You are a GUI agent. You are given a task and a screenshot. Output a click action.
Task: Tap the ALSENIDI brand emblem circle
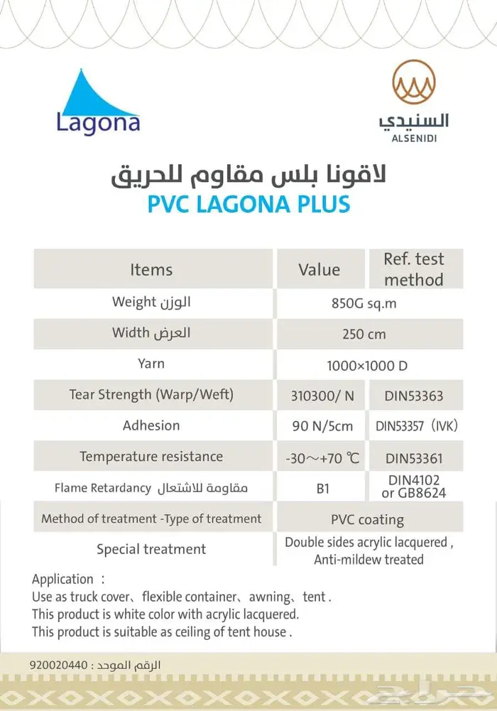tap(415, 82)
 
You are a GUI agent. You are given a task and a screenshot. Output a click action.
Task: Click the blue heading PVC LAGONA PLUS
tap(248, 204)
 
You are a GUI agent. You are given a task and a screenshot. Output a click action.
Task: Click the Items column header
tap(151, 270)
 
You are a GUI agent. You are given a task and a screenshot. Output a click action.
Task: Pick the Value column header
tap(319, 270)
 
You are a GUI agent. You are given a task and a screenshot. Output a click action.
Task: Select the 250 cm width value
tap(364, 334)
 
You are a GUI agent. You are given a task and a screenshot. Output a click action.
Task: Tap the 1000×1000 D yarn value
tap(367, 366)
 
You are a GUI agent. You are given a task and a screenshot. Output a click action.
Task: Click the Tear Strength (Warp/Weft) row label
tap(151, 394)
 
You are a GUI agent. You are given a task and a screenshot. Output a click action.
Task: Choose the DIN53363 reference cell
tap(414, 396)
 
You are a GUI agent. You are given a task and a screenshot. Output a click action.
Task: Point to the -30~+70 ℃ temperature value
tap(323, 458)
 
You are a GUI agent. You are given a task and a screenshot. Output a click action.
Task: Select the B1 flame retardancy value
tap(323, 489)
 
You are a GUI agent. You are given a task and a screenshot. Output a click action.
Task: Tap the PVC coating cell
tap(367, 519)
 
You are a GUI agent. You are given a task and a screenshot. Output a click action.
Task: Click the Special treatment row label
tap(151, 549)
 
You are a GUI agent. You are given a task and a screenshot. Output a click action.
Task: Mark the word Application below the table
tap(62, 579)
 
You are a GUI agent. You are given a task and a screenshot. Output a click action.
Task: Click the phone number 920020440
tap(58, 666)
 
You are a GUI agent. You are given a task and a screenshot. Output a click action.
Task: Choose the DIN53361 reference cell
tap(414, 458)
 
